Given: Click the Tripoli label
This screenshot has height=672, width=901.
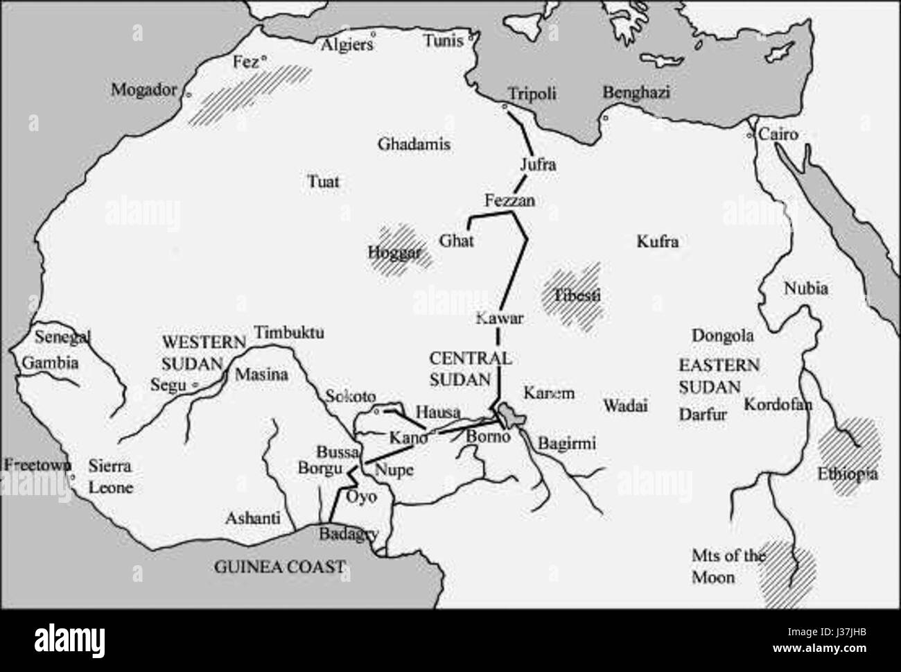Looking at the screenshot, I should pos(532,94).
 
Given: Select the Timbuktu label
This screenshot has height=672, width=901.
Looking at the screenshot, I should pos(289,332).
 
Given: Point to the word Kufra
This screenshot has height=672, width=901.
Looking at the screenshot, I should pos(657,241).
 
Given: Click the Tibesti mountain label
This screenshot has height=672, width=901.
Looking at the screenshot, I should pos(577,296).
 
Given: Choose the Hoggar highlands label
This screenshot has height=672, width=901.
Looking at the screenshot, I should pos(394,253).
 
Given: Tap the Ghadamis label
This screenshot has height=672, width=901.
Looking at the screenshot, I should pos(414,144).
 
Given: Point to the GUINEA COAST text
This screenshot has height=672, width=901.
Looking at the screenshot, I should pos(279,567).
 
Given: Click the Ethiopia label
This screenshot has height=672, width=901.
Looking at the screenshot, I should pos(847,474).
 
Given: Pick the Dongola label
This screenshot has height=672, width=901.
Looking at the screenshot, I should pos(722,336).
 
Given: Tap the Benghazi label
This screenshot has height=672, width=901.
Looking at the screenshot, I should pos(636,92).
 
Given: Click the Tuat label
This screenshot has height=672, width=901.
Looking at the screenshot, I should pos(323,182).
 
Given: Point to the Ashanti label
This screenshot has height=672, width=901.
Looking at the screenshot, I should pos(253,518).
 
